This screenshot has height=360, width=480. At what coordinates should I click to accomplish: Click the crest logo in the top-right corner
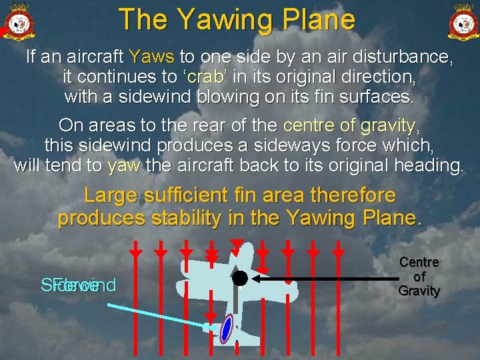pyautogui.click(x=461, y=20)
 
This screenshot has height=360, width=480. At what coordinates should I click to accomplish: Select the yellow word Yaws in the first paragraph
pyautogui.click(x=152, y=57)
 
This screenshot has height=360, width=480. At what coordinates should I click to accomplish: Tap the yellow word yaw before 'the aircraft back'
pyautogui.click(x=123, y=166)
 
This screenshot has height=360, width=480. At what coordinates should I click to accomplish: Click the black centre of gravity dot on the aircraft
pyautogui.click(x=240, y=278)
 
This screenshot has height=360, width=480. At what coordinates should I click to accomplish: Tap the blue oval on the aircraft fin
pyautogui.click(x=227, y=329)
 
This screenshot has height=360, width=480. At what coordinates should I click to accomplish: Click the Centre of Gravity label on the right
pyautogui.click(x=419, y=277)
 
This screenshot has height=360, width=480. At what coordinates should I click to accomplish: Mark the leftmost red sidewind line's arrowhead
pyautogui.click(x=135, y=254)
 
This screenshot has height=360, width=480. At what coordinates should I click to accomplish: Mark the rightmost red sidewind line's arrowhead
pyautogui.click(x=339, y=254)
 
